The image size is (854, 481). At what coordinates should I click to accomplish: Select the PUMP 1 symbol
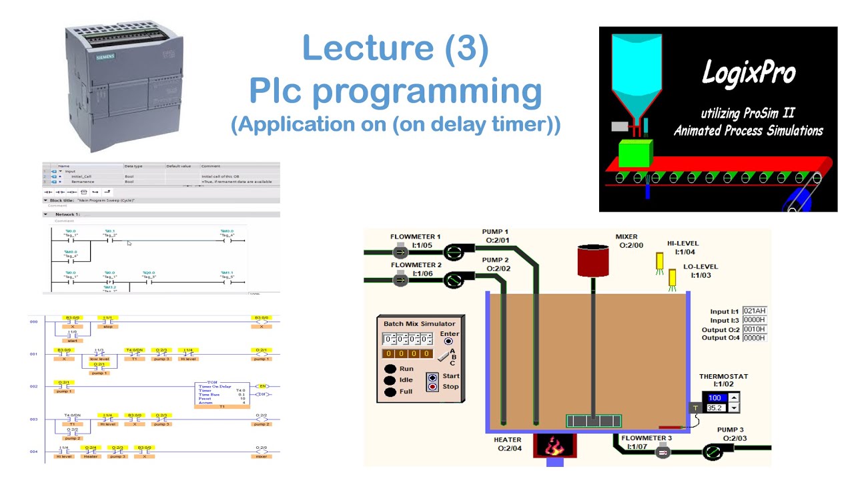456,252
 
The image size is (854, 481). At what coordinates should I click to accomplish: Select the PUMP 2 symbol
456,280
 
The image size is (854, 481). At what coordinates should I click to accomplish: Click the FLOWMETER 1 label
415,236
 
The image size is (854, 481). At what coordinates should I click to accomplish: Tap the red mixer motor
592,260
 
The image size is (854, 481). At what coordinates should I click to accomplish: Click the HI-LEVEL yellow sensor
660,261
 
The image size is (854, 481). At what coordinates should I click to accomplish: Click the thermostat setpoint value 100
715,397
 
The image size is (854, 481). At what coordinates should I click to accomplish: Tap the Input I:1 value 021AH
754,311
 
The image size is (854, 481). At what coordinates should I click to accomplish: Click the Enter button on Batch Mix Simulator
448,341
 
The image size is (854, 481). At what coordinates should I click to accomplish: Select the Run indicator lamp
390,369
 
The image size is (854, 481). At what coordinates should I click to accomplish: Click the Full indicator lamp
390,391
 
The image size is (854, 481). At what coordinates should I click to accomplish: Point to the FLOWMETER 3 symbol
663,453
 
